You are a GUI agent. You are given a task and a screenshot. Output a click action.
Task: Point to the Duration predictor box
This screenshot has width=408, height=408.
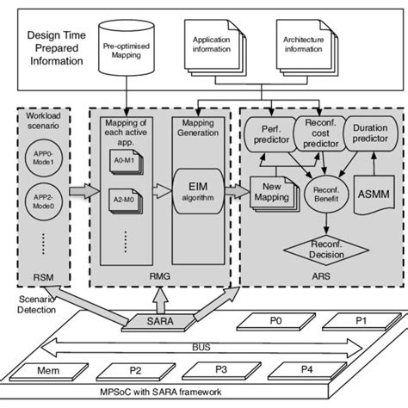(x=371, y=133)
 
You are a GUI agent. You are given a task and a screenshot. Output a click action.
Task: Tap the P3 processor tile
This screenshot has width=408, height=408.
(x=222, y=370)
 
